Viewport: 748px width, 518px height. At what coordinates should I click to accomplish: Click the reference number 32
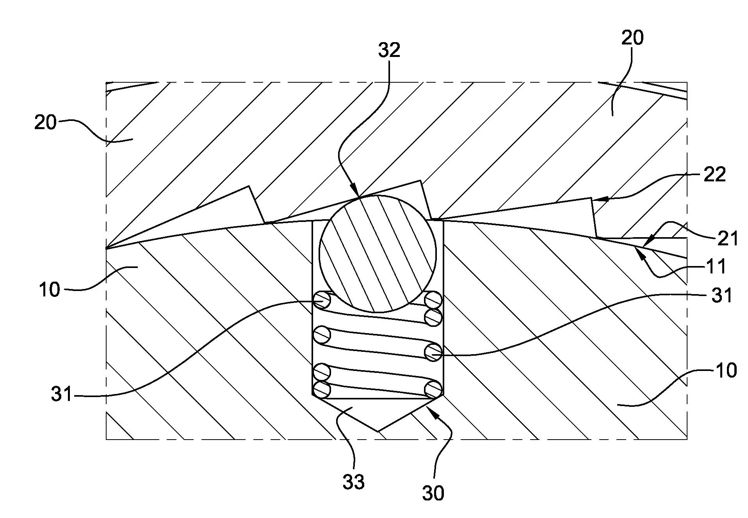(389, 51)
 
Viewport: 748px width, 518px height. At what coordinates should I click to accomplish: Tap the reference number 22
(714, 174)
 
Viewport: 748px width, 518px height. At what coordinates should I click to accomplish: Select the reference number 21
(728, 238)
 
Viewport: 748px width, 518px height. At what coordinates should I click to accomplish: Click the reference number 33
(354, 482)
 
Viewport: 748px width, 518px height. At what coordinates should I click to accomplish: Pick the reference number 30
(433, 493)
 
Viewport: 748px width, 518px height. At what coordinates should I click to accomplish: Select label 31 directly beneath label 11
(721, 296)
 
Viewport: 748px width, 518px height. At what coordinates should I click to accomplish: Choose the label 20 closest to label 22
(632, 38)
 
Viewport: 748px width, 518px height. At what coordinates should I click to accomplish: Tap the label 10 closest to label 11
(726, 370)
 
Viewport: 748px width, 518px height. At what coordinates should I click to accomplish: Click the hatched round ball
(378, 254)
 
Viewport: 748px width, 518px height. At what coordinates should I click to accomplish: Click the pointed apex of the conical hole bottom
(378, 431)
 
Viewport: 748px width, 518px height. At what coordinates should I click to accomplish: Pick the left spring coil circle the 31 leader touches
(322, 300)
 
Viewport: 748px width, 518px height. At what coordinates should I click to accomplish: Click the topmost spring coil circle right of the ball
(433, 300)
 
